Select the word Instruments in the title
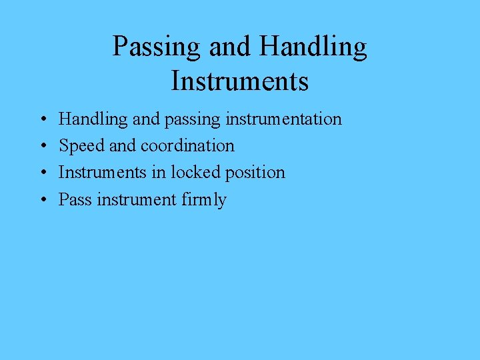pos(240,81)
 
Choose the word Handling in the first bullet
pos(93,119)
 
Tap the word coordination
pos(187,145)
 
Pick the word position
pos(255,173)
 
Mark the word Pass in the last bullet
pos(75,199)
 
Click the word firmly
pos(204,200)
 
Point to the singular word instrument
pos(137,199)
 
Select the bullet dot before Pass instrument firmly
pos(42,200)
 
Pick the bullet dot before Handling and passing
pos(42,120)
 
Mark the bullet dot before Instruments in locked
pos(42,173)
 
